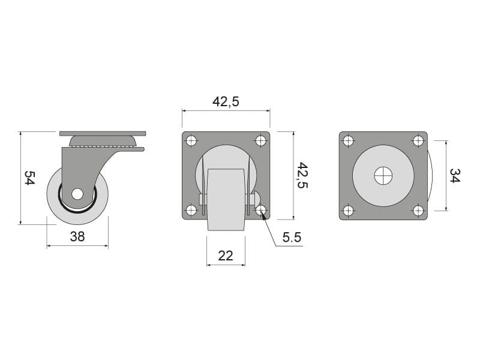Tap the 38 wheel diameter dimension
click(x=77, y=236)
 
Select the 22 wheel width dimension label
click(x=226, y=256)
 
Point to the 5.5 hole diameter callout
click(x=292, y=237)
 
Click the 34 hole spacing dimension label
click(x=455, y=175)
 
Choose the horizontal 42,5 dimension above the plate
click(x=226, y=101)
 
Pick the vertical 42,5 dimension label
click(x=303, y=175)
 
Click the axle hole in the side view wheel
click(x=77, y=194)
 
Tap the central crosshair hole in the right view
click(x=383, y=176)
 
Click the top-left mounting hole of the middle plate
click(x=191, y=141)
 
